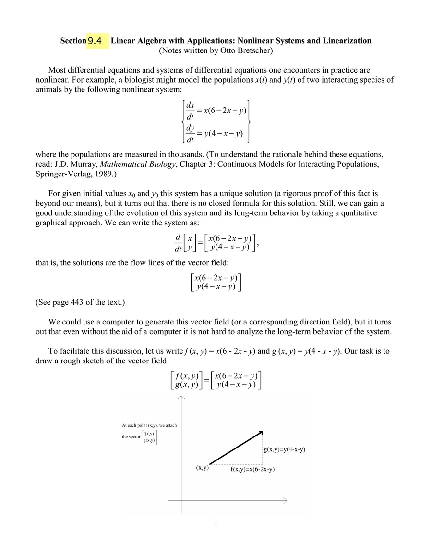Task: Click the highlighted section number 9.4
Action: click(x=95, y=41)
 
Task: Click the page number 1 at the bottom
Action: click(x=216, y=523)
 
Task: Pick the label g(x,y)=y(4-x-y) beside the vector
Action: click(x=285, y=450)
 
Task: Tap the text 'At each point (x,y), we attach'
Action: click(x=149, y=425)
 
